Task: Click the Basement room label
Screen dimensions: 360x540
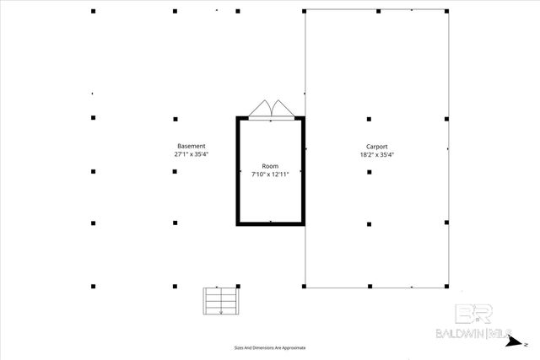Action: click(x=191, y=146)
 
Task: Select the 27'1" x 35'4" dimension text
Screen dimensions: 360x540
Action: click(x=191, y=155)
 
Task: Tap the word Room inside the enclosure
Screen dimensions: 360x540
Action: click(x=270, y=165)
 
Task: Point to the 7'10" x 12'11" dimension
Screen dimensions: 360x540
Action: click(x=270, y=175)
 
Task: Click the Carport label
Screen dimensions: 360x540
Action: click(x=376, y=146)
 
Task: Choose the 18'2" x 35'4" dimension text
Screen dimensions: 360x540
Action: click(x=376, y=155)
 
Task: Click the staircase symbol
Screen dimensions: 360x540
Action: click(x=221, y=301)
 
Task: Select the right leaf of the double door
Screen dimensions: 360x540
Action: click(x=279, y=109)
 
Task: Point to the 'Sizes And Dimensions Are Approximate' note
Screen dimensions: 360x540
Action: click(x=270, y=347)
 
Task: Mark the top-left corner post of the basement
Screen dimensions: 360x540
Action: click(x=93, y=11)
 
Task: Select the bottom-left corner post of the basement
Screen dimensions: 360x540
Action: click(x=93, y=286)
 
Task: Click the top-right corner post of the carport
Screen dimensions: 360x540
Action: click(x=447, y=11)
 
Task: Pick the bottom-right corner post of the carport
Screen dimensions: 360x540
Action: click(x=447, y=286)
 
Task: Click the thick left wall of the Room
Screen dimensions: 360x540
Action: click(x=237, y=171)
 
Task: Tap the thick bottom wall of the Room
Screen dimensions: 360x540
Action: click(x=270, y=223)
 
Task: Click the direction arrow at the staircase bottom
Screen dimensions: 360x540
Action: click(x=221, y=311)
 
